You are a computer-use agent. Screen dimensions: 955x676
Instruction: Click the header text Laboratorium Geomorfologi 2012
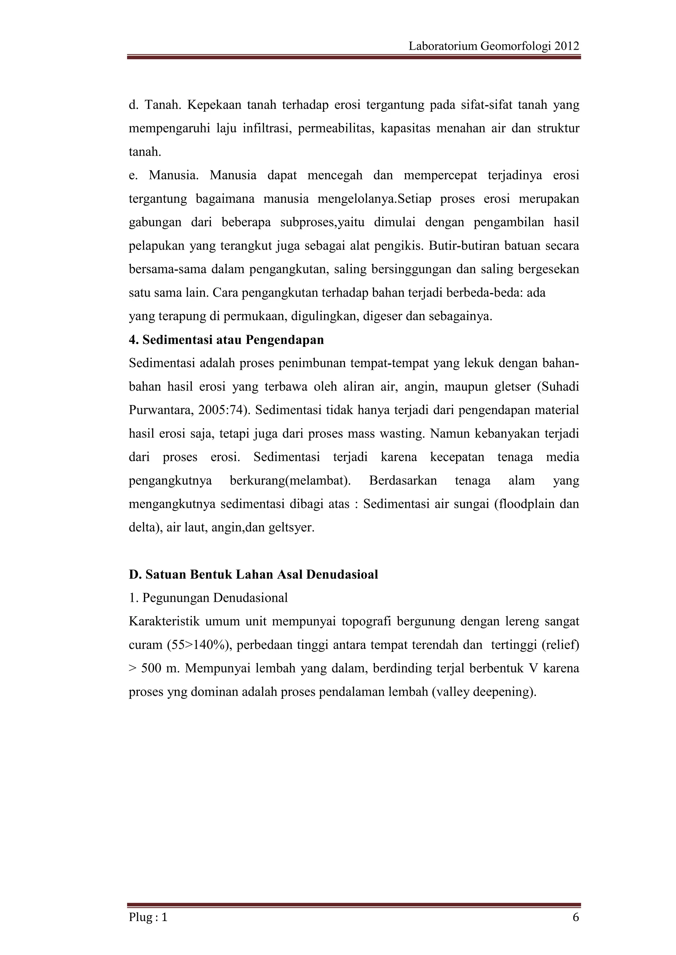tap(494, 46)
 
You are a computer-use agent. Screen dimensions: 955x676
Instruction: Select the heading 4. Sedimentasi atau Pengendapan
tap(226, 340)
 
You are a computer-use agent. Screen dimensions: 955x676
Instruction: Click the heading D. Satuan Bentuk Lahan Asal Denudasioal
tap(253, 574)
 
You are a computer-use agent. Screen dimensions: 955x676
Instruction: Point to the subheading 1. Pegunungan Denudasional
tap(208, 598)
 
